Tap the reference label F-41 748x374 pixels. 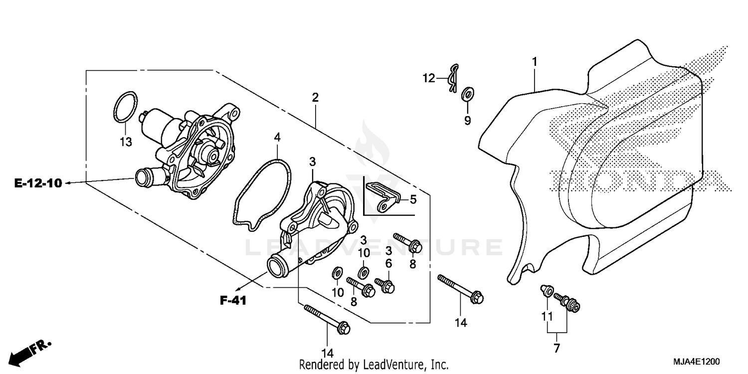click(x=233, y=301)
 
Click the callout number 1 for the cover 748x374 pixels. click(x=534, y=62)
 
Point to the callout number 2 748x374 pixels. click(x=315, y=98)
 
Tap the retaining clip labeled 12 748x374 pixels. click(x=452, y=78)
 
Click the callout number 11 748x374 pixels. click(x=547, y=316)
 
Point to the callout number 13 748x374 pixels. click(x=126, y=142)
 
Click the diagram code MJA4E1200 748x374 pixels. click(x=698, y=361)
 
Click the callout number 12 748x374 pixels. click(x=429, y=78)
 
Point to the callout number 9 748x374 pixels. click(x=467, y=121)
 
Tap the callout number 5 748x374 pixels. click(x=413, y=199)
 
